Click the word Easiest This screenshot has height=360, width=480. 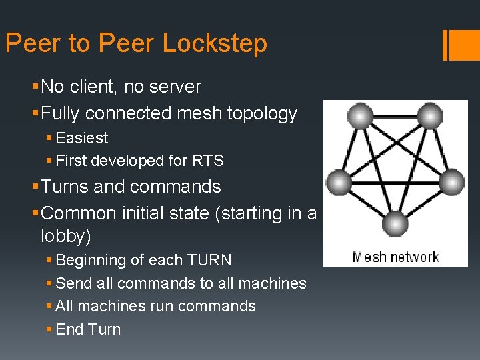82,138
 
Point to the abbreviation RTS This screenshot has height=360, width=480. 209,161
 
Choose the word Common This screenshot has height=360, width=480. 85,213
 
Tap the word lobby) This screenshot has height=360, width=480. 66,236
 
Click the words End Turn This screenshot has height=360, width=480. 89,329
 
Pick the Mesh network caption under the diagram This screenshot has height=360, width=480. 395,257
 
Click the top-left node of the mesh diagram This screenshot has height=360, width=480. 361,118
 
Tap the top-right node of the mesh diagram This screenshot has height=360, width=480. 431,118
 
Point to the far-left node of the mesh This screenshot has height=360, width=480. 339,182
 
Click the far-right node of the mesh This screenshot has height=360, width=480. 452,182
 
